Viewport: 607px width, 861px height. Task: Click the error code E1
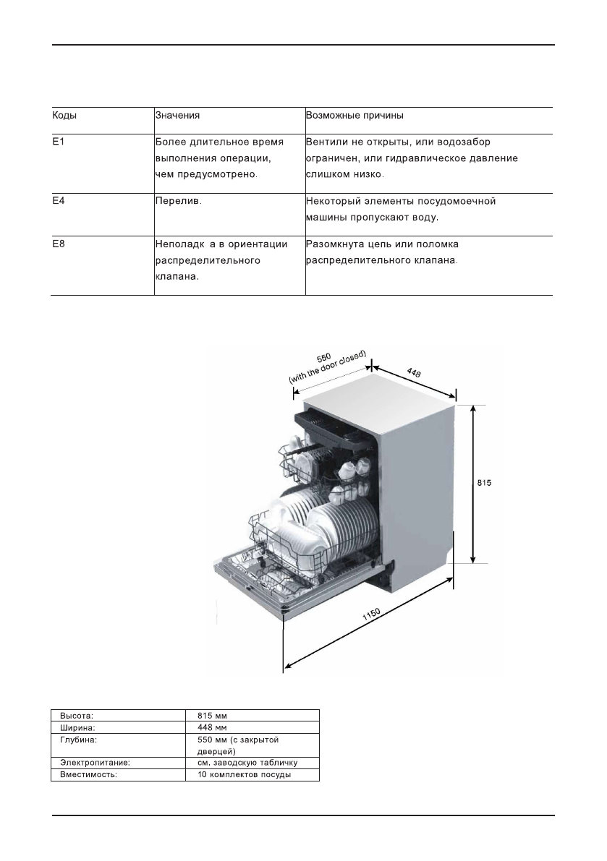tap(58, 142)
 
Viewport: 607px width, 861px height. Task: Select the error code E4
tap(58, 201)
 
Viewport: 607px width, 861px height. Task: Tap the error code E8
tap(58, 244)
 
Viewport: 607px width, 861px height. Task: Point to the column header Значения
tap(177, 114)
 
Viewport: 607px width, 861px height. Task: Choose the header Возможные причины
tap(355, 114)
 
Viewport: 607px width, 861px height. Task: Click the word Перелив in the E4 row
tap(178, 201)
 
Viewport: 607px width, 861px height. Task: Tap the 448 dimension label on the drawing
tap(415, 373)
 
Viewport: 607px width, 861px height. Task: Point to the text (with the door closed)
tap(328, 368)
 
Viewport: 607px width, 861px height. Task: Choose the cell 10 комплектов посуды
tap(244, 775)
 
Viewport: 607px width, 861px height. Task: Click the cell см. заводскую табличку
tap(247, 763)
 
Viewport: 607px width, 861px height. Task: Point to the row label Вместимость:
tap(89, 775)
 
